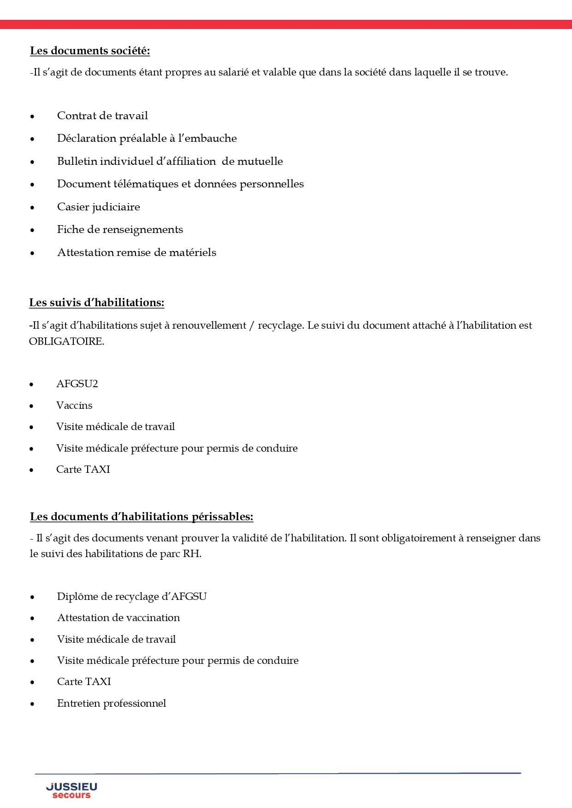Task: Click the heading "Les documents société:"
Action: pos(90,51)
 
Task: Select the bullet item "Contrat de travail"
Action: pos(102,116)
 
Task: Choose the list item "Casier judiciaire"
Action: pos(98,207)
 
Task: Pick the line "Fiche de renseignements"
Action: pos(120,229)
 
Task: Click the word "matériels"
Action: pos(192,252)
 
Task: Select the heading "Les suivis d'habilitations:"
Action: pos(96,302)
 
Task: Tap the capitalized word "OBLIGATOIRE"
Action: pos(66,342)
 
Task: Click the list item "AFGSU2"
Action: pos(77,384)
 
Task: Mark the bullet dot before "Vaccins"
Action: pos(31,406)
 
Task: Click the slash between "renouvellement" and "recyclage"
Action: pos(252,326)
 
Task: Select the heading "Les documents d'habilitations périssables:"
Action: pos(142,517)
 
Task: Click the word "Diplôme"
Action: pos(76,596)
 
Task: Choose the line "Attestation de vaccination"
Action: pos(118,617)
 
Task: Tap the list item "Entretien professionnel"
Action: pos(112,703)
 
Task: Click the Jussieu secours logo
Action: pos(71,790)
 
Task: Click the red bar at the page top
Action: pos(286,24)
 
